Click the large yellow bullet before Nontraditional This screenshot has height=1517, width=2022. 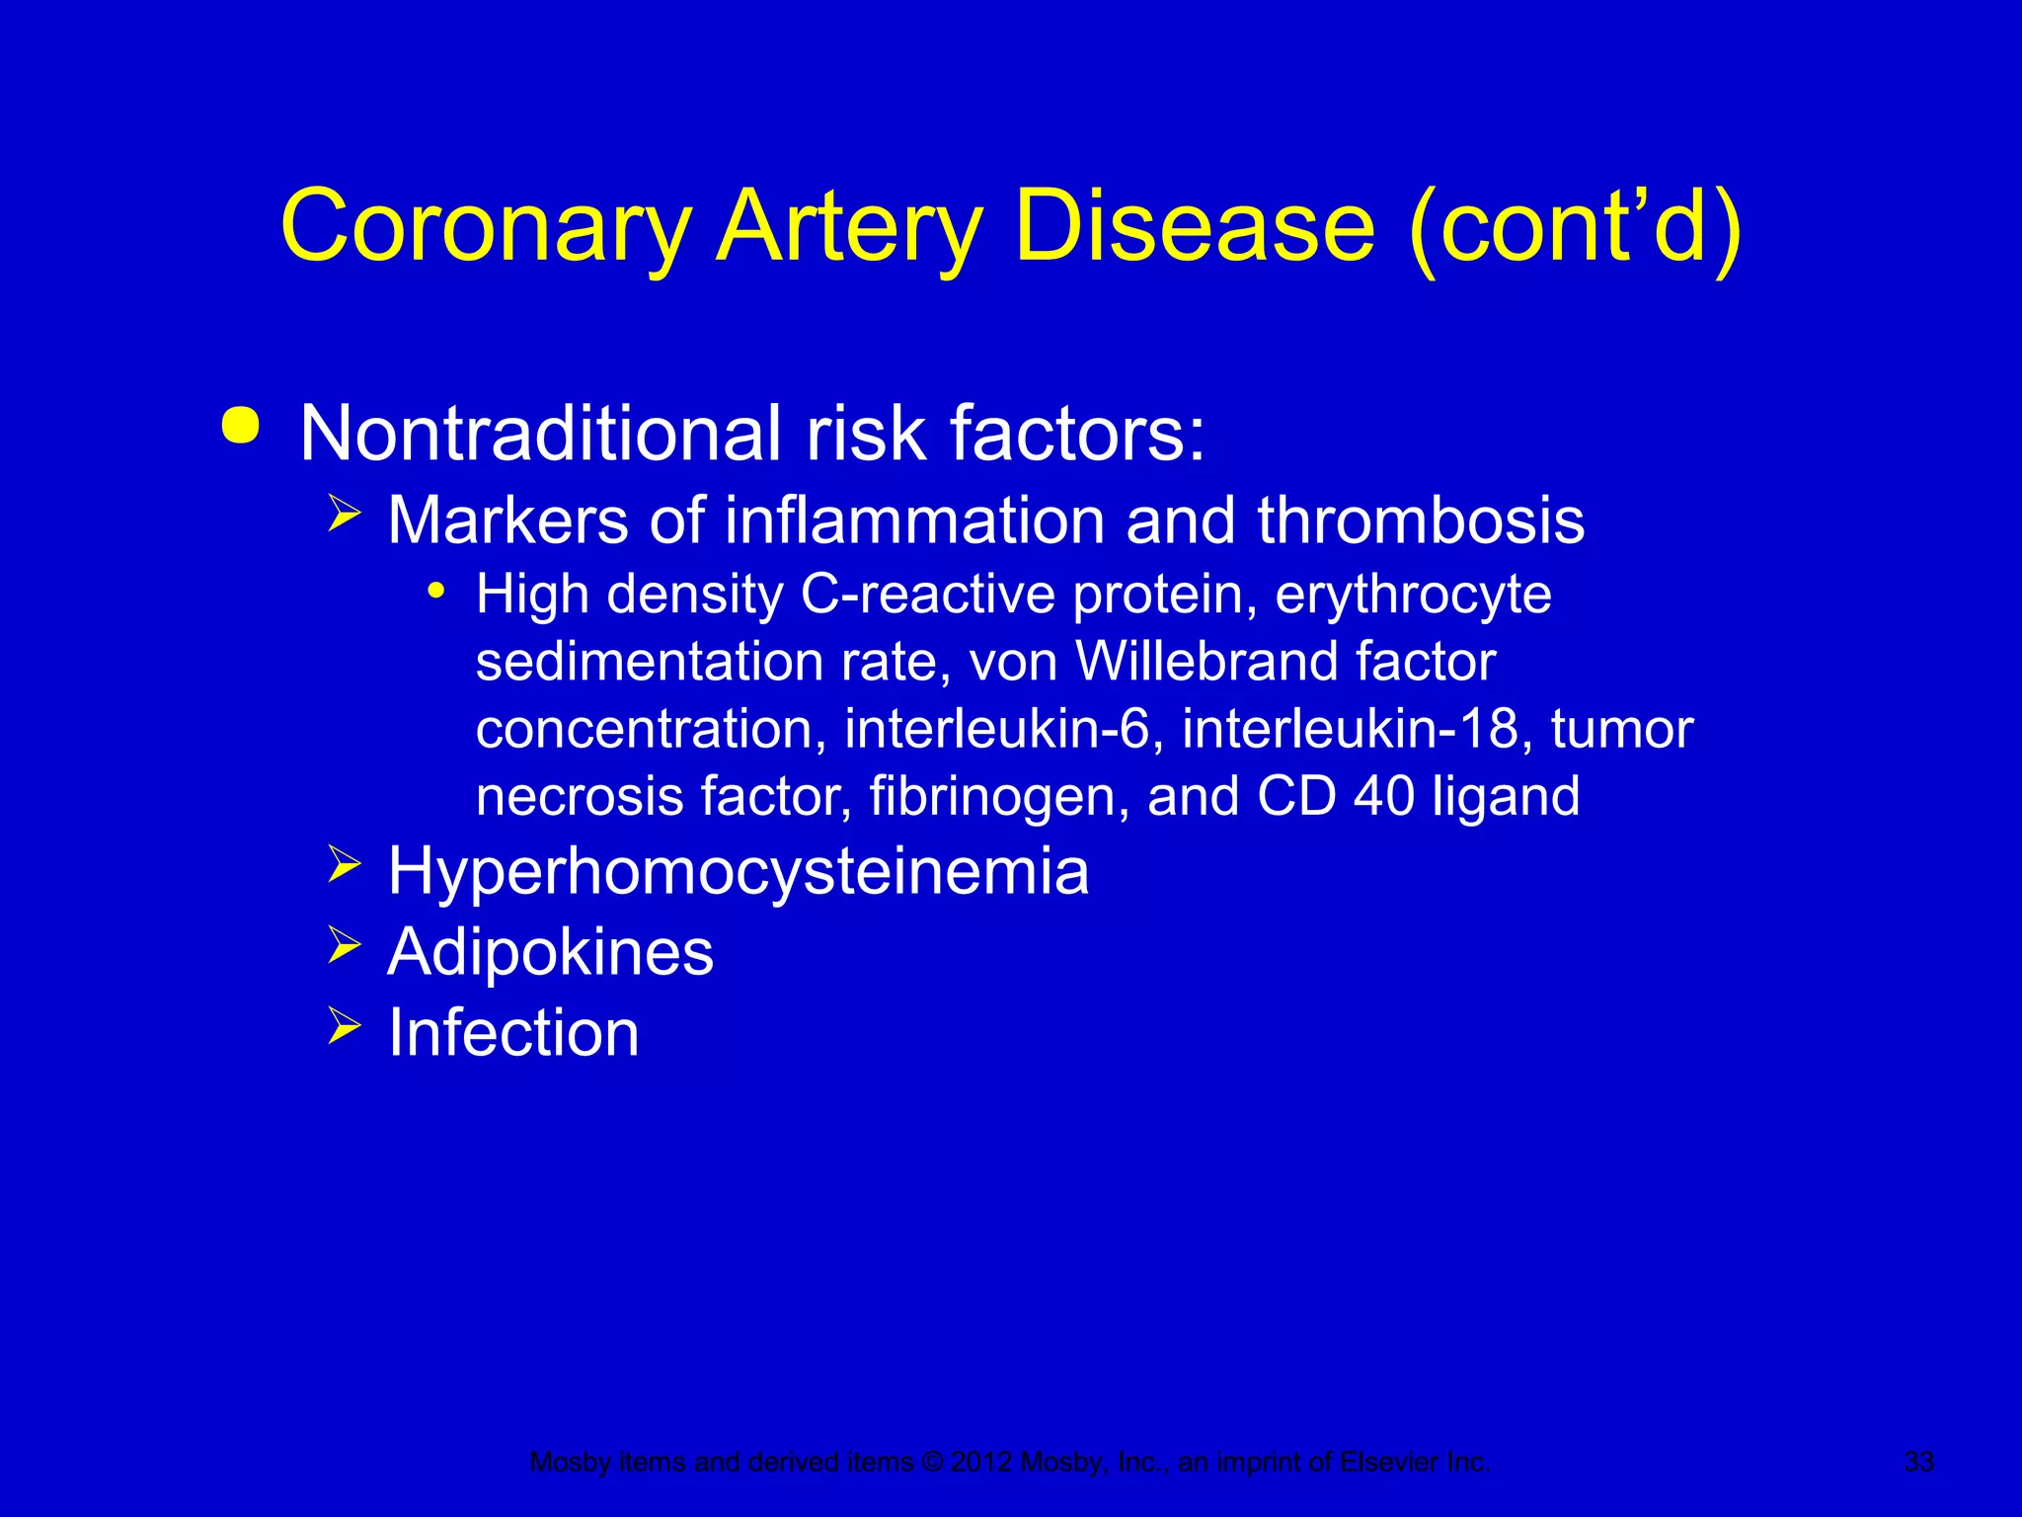pyautogui.click(x=241, y=426)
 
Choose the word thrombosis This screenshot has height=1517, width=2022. pyautogui.click(x=1421, y=520)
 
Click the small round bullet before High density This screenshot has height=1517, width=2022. pyautogui.click(x=435, y=592)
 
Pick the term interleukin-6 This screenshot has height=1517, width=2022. pyautogui.click(x=998, y=729)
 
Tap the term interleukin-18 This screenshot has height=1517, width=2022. pyautogui.click(x=1357, y=729)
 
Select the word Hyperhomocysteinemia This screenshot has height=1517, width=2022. pyautogui.click(x=739, y=872)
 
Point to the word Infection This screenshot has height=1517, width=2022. pyautogui.click(x=513, y=1033)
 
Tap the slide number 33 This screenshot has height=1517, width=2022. pyautogui.click(x=1918, y=1462)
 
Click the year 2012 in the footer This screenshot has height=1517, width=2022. pyautogui.click(x=981, y=1462)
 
